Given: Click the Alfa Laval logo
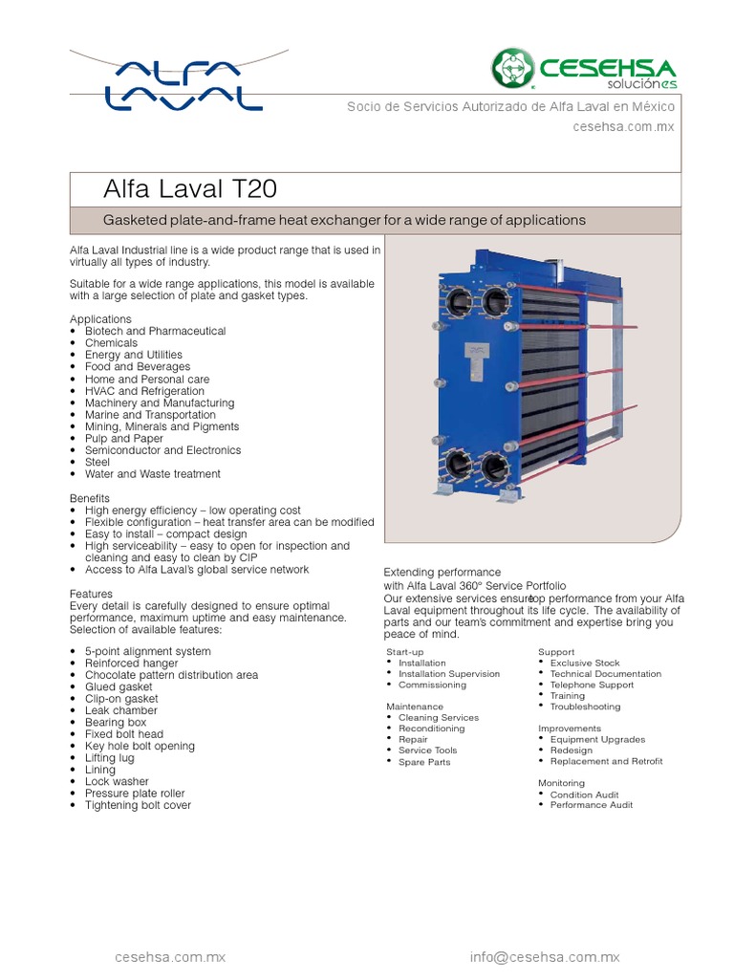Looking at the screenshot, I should coord(182,84).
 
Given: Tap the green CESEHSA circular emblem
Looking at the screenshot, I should coord(513,69).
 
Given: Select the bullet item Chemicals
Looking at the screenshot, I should coord(111,343).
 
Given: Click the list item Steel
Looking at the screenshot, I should coord(97,463).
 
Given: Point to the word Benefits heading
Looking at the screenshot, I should coord(90,499).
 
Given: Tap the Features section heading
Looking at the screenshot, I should coord(91,594).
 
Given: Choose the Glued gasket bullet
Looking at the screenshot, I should coord(119,687).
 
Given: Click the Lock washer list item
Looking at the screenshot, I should coord(117,782).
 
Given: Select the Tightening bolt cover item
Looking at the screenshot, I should coord(138,805).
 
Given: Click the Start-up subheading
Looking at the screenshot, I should coord(404,651).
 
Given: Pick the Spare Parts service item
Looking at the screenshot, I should coord(424,762).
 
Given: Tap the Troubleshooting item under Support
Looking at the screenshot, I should coord(585,707).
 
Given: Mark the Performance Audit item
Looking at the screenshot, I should coord(591,805).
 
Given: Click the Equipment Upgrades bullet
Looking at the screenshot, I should coord(597,739).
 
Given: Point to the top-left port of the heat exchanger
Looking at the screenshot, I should coord(459,301).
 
